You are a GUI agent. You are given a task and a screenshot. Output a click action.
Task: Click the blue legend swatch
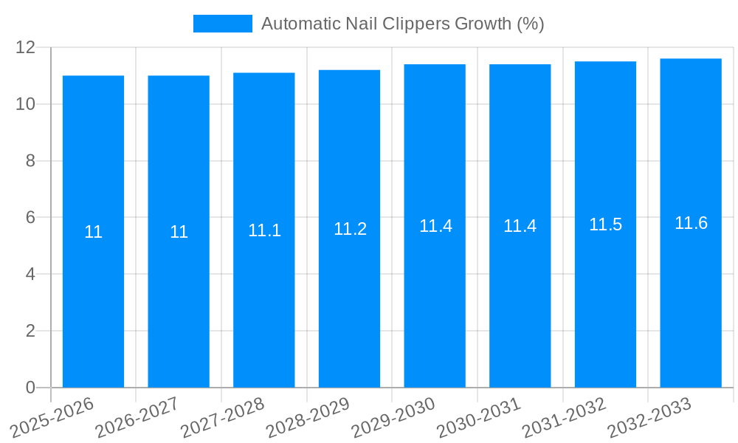[x=222, y=24]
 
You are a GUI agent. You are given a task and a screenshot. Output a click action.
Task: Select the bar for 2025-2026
[x=93, y=295]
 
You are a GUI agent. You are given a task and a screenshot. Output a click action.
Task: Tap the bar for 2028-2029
[x=349, y=295]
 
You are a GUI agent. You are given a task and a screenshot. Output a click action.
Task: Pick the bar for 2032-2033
[x=691, y=295]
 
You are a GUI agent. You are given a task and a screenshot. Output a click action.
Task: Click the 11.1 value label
[x=264, y=230]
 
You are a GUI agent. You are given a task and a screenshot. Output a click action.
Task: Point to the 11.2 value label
[x=350, y=229]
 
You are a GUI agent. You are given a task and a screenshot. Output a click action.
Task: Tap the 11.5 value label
[x=605, y=225]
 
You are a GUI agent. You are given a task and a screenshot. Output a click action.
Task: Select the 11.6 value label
[x=691, y=223]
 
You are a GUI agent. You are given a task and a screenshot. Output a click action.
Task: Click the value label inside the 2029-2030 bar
[x=435, y=226]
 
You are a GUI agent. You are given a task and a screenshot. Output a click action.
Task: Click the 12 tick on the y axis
[x=26, y=47]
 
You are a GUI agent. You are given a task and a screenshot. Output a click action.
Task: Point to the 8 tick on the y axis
[x=30, y=161]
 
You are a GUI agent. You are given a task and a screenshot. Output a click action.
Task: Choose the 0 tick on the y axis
[x=30, y=388]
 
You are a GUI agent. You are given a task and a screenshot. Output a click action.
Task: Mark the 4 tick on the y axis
[x=30, y=274]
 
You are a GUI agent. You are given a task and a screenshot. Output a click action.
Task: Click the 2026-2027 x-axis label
[x=137, y=417]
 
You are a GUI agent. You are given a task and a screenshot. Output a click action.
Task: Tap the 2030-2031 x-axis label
[x=479, y=417]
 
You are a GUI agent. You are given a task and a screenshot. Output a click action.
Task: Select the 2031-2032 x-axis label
[x=564, y=417]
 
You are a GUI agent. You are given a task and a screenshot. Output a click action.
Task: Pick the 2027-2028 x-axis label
[x=223, y=417]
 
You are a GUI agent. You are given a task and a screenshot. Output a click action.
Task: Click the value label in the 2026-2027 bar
[x=179, y=232]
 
